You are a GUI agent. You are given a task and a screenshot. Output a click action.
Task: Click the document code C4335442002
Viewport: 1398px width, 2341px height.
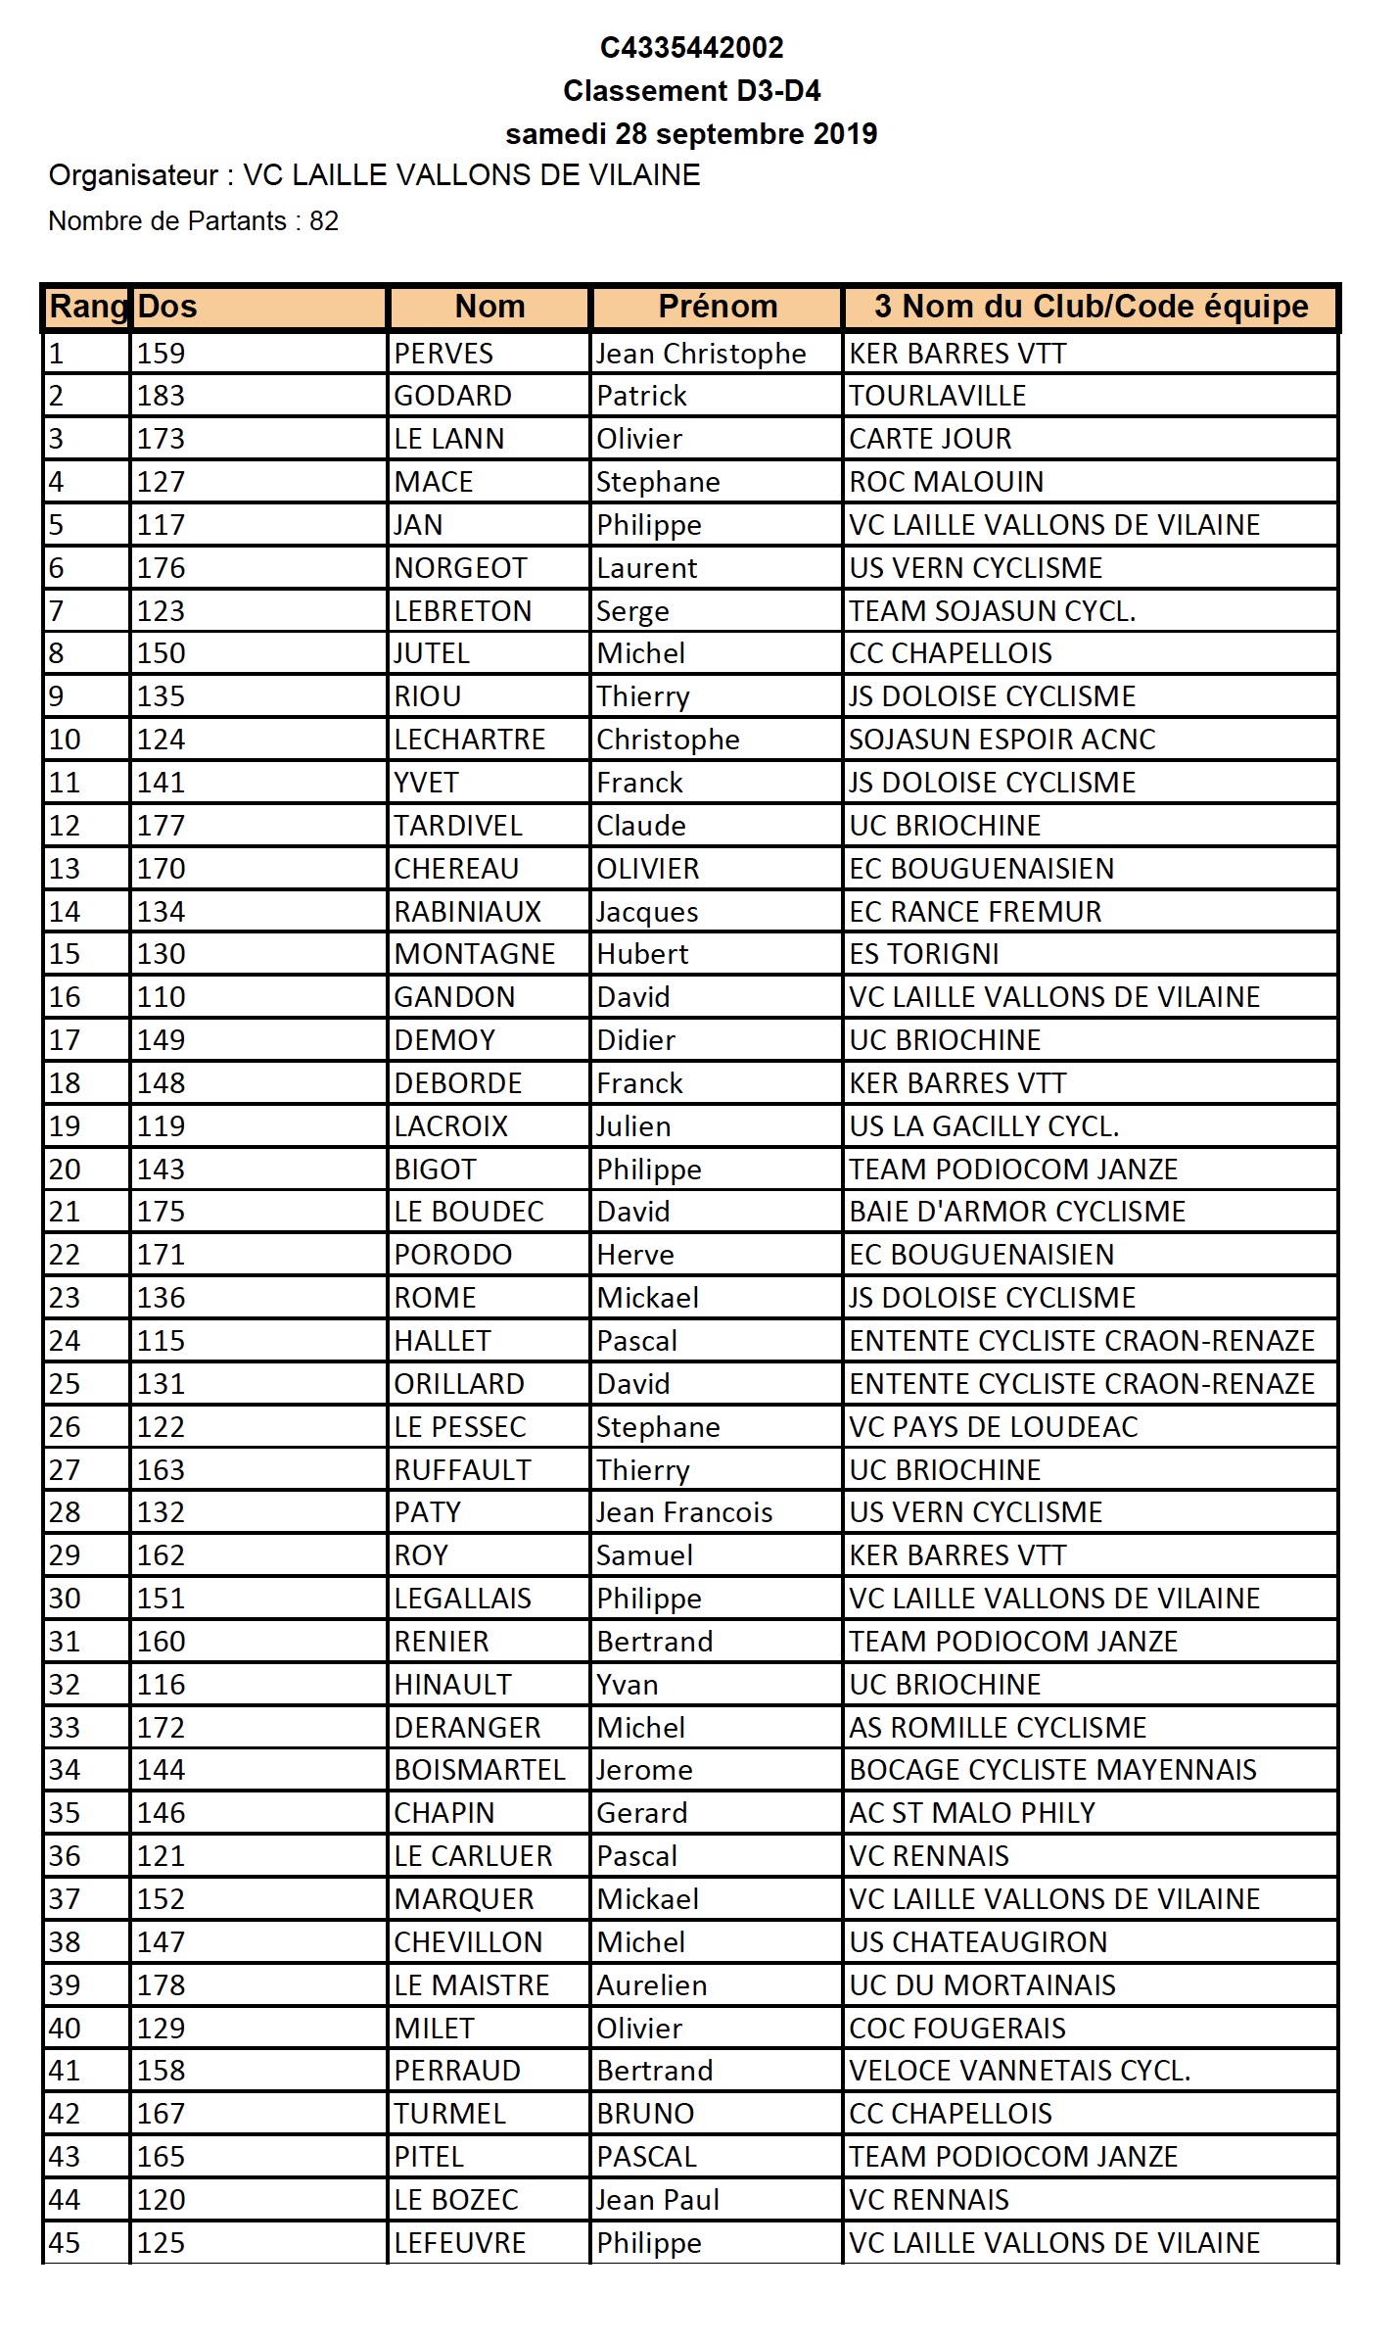pos(691,47)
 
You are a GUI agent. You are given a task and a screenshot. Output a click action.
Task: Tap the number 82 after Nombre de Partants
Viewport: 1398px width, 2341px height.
pos(323,221)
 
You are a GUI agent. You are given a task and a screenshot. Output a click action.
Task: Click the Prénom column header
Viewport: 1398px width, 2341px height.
pos(718,307)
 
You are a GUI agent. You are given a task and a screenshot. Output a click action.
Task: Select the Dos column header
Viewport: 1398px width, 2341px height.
pos(167,307)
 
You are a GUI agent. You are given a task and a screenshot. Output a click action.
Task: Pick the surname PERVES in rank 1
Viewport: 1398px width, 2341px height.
pos(443,354)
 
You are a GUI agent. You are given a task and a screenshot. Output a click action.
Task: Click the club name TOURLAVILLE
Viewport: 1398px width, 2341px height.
pos(937,396)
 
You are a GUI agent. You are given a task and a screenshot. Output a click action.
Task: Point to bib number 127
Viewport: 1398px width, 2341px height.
pos(161,482)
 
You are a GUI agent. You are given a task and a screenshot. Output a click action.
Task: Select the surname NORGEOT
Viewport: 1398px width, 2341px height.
pos(460,568)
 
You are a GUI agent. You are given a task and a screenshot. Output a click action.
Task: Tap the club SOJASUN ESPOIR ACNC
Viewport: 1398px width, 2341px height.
pos(1002,740)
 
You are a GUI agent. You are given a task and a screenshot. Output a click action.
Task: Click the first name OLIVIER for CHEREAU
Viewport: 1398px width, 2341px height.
pos(648,869)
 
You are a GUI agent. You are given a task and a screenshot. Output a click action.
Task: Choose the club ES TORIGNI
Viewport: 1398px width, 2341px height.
pos(923,954)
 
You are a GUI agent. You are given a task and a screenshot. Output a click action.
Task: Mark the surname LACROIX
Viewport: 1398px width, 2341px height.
pos(451,1126)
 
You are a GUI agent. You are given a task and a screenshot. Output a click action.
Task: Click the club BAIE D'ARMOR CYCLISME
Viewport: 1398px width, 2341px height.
pos(1017,1212)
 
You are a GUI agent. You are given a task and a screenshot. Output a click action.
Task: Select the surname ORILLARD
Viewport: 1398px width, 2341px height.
pos(459,1384)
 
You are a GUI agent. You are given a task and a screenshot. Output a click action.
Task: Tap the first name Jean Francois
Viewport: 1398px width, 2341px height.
pos(684,1512)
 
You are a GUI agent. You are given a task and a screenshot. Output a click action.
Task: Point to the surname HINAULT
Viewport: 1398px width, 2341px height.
pos(452,1685)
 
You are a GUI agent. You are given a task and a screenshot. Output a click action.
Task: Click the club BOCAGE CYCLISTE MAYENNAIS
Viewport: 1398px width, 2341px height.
pos(1052,1770)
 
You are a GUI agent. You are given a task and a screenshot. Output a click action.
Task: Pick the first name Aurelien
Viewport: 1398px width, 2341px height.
pos(651,1985)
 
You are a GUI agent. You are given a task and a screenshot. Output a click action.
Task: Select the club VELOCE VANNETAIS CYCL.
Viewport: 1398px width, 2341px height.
pos(1019,2071)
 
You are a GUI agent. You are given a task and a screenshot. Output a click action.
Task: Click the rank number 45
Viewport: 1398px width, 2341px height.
pos(65,2243)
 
